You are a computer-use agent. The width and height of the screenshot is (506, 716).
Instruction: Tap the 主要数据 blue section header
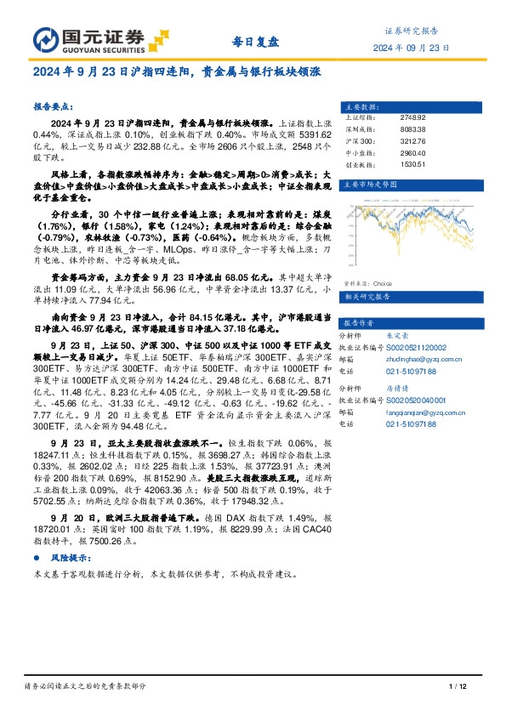point(361,106)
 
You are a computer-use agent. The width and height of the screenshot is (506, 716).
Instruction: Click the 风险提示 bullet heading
point(67,558)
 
